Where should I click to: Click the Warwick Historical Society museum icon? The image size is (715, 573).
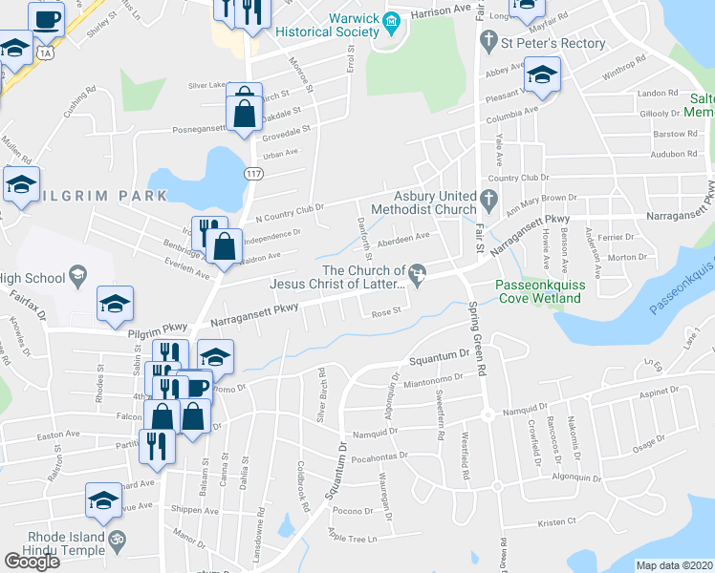tap(391, 21)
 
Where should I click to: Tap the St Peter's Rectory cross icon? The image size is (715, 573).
tap(488, 41)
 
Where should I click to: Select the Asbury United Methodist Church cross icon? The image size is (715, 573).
tap(489, 201)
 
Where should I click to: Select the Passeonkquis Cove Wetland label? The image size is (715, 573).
tap(538, 292)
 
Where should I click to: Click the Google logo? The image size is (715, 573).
tap(32, 562)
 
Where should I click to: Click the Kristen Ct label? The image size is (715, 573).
tap(556, 521)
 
